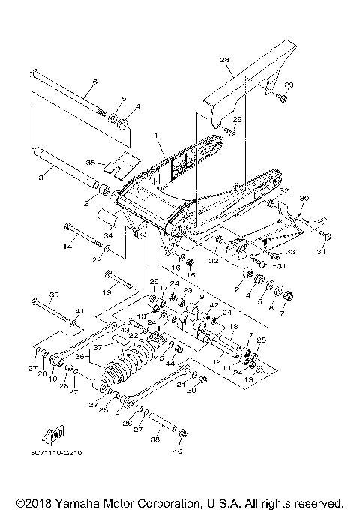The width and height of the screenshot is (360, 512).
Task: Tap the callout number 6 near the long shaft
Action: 95,82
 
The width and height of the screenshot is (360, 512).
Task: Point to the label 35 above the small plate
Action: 91,161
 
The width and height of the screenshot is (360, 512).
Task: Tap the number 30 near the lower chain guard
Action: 304,199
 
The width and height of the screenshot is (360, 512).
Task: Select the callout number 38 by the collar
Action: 156,440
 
